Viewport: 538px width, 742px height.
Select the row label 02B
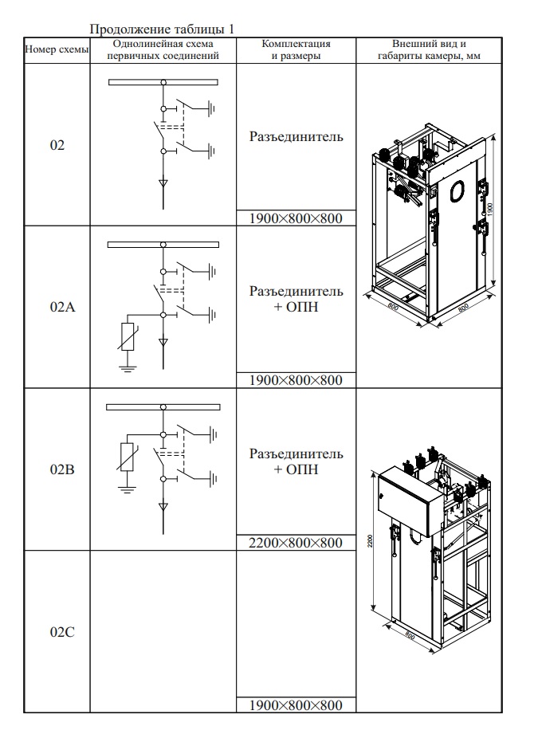pyautogui.click(x=57, y=469)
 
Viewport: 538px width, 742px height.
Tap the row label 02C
pyautogui.click(x=57, y=632)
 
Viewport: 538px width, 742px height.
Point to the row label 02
pyautogui.click(x=57, y=145)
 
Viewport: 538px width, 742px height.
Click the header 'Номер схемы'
pyautogui.click(x=57, y=49)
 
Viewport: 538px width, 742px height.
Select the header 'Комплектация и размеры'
pyautogui.click(x=296, y=49)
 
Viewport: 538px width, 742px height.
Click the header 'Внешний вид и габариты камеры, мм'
pyautogui.click(x=429, y=49)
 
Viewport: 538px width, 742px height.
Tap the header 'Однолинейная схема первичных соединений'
pyautogui.click(x=163, y=49)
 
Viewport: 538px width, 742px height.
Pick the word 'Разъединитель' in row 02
pyautogui.click(x=296, y=137)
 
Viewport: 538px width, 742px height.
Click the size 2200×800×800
pyautogui.click(x=296, y=543)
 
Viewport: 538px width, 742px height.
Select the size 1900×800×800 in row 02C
pyautogui.click(x=296, y=705)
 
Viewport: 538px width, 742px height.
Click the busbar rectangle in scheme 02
pyautogui.click(x=163, y=82)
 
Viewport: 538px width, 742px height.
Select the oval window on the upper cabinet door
pyautogui.click(x=458, y=190)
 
